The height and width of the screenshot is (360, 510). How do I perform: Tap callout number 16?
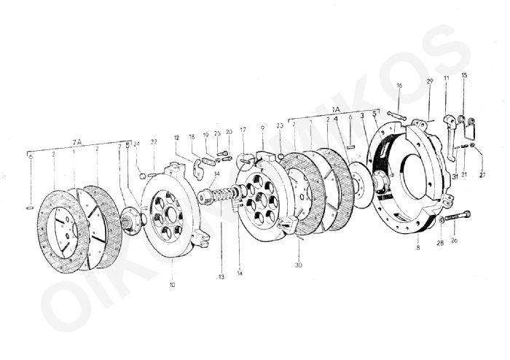pyautogui.click(x=399, y=86)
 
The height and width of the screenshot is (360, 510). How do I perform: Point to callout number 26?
pyautogui.click(x=455, y=241)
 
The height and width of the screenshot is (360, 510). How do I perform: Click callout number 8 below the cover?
pyautogui.click(x=418, y=249)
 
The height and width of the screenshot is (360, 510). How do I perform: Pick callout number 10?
pyautogui.click(x=173, y=285)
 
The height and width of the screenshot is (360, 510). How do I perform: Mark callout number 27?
pyautogui.click(x=482, y=175)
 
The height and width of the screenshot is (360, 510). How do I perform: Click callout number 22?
pyautogui.click(x=154, y=141)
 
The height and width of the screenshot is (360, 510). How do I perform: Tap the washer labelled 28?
pyautogui.click(x=442, y=222)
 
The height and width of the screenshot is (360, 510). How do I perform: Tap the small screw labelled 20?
pyautogui.click(x=227, y=155)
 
